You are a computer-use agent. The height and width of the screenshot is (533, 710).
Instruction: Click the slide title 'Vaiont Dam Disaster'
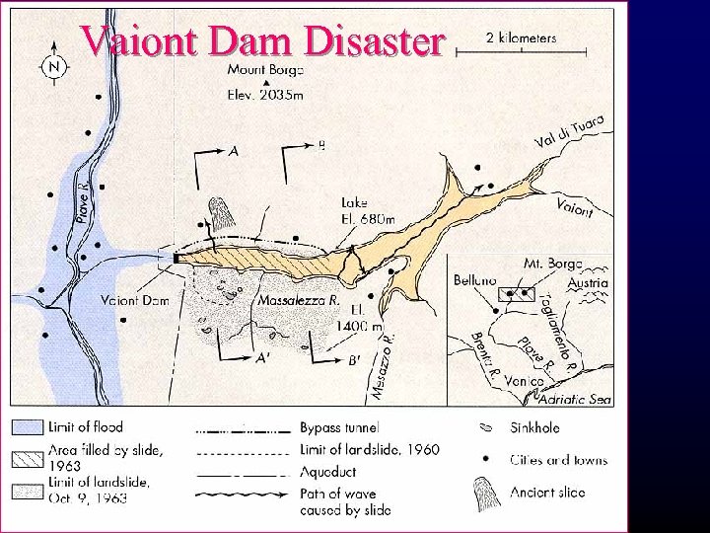click(261, 41)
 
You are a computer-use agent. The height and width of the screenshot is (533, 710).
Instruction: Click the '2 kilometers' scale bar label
click(521, 38)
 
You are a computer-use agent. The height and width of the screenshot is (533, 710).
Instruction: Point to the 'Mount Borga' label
click(265, 69)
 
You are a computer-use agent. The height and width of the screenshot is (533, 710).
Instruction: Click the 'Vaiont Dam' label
click(135, 300)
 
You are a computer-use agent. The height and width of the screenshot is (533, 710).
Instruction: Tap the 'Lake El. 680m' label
click(367, 210)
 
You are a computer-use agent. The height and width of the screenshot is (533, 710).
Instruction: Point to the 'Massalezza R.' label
click(298, 300)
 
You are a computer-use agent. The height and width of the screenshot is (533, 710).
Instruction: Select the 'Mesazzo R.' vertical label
click(382, 365)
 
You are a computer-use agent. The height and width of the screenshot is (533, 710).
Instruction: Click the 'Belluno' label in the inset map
click(474, 280)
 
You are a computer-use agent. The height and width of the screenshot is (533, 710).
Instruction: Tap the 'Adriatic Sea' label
click(572, 399)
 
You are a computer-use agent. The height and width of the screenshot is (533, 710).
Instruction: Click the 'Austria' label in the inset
click(588, 282)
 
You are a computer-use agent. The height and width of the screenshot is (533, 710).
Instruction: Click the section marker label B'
click(354, 360)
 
